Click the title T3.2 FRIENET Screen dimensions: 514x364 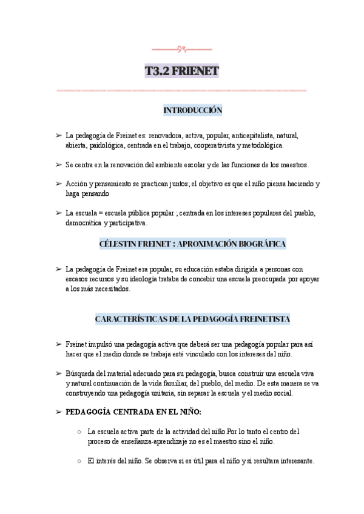pos(181,72)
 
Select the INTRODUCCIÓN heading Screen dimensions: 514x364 pos(192,110)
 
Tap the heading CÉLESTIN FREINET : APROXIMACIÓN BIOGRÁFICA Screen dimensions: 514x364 pos(192,244)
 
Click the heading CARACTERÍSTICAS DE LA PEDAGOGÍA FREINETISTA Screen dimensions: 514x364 pos(192,318)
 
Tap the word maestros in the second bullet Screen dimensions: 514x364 pos(294,165)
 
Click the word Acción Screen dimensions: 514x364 pos(76,184)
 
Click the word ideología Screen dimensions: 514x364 pos(160,279)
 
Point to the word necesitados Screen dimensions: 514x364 pos(111,289)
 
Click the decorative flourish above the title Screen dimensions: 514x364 pos(181,48)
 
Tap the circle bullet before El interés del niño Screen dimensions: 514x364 pos(80,461)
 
